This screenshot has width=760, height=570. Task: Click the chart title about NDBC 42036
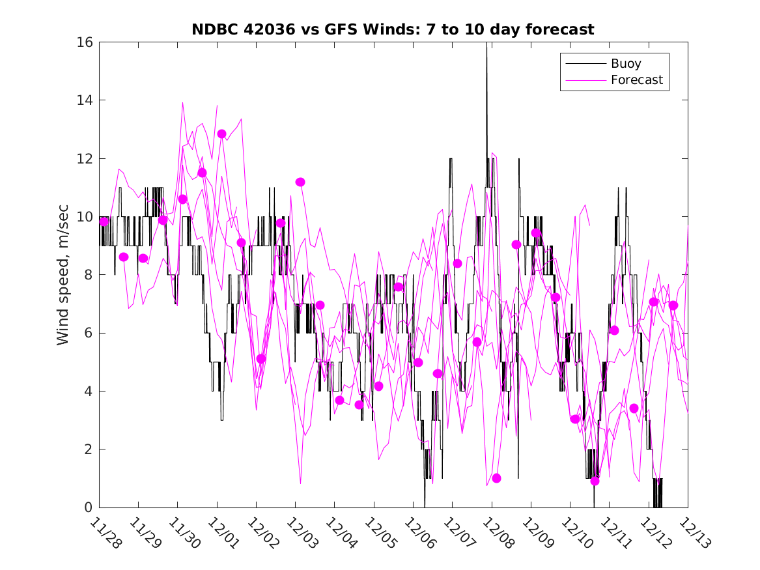click(x=393, y=29)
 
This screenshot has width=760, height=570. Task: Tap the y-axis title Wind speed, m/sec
click(x=63, y=274)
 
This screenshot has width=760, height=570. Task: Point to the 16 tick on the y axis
click(x=85, y=42)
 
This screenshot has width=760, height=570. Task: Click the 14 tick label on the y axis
click(x=85, y=100)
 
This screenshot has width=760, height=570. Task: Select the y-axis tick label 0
click(x=89, y=507)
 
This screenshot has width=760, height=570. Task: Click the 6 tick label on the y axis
click(x=89, y=333)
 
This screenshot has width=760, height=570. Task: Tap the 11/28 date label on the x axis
click(x=106, y=534)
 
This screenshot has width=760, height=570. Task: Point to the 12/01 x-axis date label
click(x=223, y=534)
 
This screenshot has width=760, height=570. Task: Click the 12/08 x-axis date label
click(x=498, y=534)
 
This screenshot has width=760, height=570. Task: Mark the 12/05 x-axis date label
click(x=380, y=534)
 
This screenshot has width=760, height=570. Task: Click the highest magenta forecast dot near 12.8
click(x=221, y=134)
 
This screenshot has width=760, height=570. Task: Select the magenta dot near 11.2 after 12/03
click(x=300, y=182)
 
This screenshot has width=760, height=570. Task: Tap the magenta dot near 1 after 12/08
click(x=496, y=478)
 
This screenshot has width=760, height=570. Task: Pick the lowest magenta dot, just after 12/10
click(x=595, y=481)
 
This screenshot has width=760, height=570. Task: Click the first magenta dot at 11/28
click(x=104, y=221)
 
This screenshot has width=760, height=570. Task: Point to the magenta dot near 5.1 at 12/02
click(x=261, y=358)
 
